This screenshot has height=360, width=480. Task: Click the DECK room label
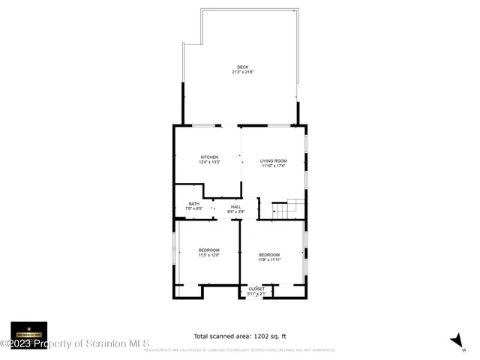click(242, 67)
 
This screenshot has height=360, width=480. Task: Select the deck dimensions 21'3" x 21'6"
click(242, 72)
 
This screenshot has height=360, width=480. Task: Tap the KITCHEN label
click(208, 157)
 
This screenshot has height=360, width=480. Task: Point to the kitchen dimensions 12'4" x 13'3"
click(208, 162)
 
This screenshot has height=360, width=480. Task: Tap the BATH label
click(194, 203)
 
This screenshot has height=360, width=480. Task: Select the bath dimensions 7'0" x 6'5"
click(194, 208)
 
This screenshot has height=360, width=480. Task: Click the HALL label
click(235, 206)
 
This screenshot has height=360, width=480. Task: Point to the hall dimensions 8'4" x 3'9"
click(235, 211)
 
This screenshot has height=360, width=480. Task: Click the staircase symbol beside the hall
click(288, 208)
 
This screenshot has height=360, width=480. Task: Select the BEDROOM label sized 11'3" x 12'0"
click(208, 250)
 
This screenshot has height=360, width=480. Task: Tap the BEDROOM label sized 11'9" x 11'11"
click(269, 255)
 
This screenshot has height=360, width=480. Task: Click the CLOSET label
click(256, 289)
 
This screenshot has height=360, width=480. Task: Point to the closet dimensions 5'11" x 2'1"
click(256, 294)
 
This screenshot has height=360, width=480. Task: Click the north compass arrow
click(455, 340)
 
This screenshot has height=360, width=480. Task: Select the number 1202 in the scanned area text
click(259, 336)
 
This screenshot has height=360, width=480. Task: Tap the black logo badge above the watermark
click(29, 333)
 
